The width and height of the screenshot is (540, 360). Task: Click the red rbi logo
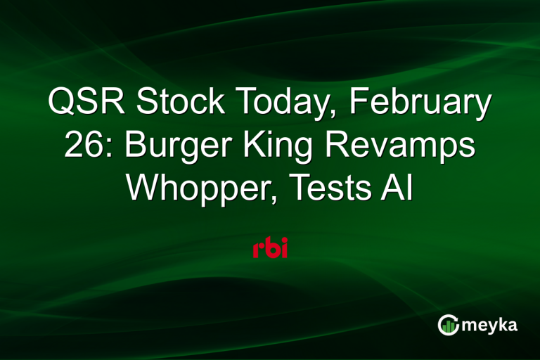[270, 248]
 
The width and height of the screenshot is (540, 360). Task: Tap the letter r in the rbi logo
[258, 250]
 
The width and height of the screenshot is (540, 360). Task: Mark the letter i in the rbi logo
[283, 248]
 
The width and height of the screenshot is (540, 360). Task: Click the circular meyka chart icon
[447, 324]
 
